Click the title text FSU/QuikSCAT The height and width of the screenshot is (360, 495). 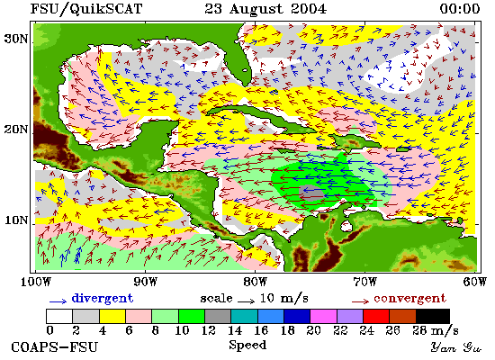tap(86, 9)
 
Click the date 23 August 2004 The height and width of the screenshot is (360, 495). tap(265, 9)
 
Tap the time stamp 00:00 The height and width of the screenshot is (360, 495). tap(460, 9)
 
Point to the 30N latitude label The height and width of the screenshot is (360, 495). tap(16, 39)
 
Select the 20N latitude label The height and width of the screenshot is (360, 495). tap(16, 130)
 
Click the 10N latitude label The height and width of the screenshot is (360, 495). tap(16, 220)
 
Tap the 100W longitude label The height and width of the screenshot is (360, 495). tap(35, 282)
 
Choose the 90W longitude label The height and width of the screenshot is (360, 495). tap(145, 282)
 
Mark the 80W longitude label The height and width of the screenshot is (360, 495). tap(255, 282)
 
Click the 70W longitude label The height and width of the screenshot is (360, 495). tap(364, 282)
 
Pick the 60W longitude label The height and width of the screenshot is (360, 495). tap(474, 282)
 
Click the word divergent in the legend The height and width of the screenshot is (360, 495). tap(103, 298)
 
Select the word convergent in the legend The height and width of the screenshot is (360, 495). tap(410, 298)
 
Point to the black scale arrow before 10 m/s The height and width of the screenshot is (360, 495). tap(246, 301)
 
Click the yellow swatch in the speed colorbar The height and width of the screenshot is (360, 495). tap(112, 317)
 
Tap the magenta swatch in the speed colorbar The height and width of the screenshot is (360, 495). tap(323, 317)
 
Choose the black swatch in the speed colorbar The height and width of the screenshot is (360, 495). tap(433, 317)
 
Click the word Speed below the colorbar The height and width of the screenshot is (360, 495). tap(247, 345)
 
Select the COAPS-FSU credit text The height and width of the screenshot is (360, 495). tap(55, 347)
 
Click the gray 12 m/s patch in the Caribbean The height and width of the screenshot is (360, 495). tap(311, 193)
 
